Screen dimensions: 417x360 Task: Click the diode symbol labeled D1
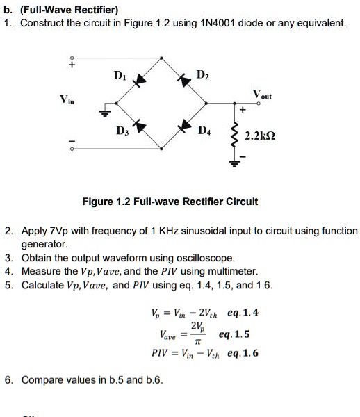[142, 82]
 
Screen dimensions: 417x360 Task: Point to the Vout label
[262, 95]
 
